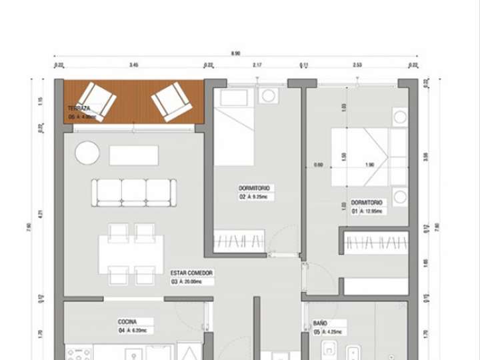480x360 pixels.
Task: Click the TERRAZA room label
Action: coord(79,108)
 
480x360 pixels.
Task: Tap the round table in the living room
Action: coord(87,153)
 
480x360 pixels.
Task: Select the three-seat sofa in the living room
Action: coord(134,192)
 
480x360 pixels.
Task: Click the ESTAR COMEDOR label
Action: coord(191,273)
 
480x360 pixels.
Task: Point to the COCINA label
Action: coord(127,321)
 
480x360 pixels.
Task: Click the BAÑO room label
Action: coord(320,323)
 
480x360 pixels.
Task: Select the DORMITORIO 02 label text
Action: coord(249,189)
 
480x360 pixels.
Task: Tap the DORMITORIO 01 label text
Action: coord(367,203)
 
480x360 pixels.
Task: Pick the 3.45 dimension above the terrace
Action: coord(133,65)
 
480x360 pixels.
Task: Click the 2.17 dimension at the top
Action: coord(257,65)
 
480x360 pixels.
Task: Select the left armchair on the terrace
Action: coord(98,101)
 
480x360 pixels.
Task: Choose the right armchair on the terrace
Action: coord(171,101)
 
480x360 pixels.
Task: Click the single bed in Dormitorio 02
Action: coord(234,128)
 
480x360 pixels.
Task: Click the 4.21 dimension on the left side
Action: coord(41,215)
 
